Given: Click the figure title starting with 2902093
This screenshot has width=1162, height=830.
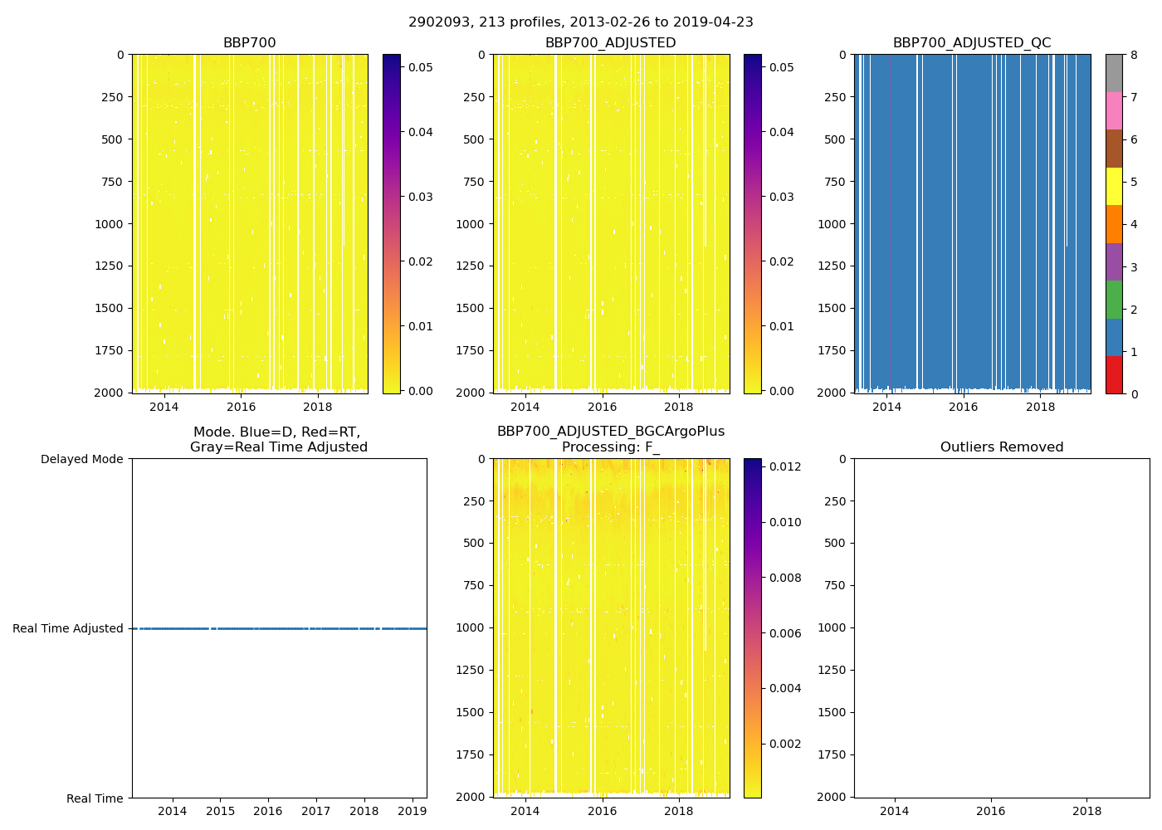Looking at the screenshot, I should pyautogui.click(x=580, y=22).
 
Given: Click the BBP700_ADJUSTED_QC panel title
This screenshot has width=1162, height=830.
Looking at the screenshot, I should pyautogui.click(x=971, y=43).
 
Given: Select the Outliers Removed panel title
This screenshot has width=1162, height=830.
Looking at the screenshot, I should pyautogui.click(x=1001, y=447).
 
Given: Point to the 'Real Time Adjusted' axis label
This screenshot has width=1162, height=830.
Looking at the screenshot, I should pyautogui.click(x=67, y=629).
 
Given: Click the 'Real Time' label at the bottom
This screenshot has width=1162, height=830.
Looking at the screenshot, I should pyautogui.click(x=95, y=798).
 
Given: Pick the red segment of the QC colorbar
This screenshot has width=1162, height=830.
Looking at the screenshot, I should pyautogui.click(x=1113, y=375).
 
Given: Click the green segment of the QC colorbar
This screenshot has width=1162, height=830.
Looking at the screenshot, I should pyautogui.click(x=1113, y=300).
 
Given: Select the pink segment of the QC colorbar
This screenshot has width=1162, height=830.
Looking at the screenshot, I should pyautogui.click(x=1113, y=110).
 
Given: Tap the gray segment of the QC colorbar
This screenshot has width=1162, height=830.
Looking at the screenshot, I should pyautogui.click(x=1113, y=73).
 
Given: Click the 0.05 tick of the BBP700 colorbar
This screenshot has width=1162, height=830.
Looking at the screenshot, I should pyautogui.click(x=420, y=67).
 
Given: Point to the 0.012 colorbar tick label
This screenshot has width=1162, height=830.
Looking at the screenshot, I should pyautogui.click(x=784, y=466).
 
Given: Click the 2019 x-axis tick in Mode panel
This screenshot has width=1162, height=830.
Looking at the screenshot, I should pyautogui.click(x=412, y=811).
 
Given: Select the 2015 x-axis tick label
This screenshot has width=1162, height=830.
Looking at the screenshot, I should pyautogui.click(x=220, y=811).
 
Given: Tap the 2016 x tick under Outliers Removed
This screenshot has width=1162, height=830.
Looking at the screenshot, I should pyautogui.click(x=990, y=811).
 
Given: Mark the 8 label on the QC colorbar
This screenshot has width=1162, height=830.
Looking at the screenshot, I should pyautogui.click(x=1134, y=56).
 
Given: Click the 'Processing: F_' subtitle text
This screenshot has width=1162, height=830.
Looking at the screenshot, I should pyautogui.click(x=610, y=447).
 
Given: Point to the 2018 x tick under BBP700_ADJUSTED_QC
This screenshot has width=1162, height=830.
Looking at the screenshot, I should pyautogui.click(x=1040, y=407).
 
